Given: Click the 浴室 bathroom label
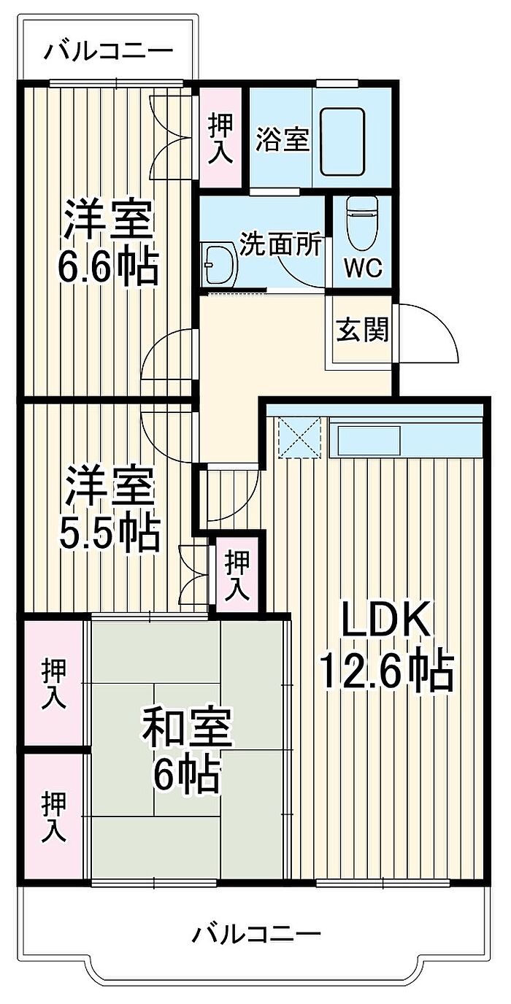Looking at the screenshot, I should [x=283, y=139].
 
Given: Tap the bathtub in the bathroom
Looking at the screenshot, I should [x=342, y=142].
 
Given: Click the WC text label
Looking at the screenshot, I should [x=363, y=268].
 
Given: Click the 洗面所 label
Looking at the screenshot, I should [x=280, y=244].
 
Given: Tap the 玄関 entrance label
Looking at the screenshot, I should [x=362, y=331].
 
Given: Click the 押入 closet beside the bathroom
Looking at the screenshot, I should [x=220, y=137].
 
